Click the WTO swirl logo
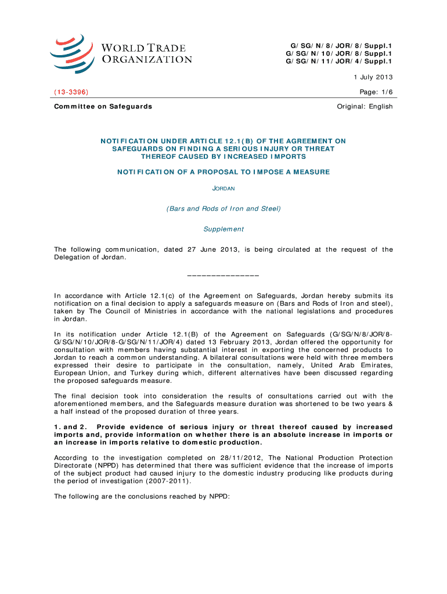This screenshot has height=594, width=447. click(x=71, y=53)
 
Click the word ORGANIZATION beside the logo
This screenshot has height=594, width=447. click(x=147, y=59)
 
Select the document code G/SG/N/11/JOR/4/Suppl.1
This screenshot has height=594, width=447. click(x=339, y=61)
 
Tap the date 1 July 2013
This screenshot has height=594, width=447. click(x=373, y=77)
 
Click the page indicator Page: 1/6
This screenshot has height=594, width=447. click(x=377, y=92)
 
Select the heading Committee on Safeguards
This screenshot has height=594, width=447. click(x=103, y=106)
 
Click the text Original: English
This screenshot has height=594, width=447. click(x=365, y=106)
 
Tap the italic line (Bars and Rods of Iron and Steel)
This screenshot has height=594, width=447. click(x=223, y=209)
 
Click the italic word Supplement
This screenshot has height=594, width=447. click(x=223, y=229)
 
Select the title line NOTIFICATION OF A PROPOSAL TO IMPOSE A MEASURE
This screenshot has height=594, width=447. click(x=223, y=172)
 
